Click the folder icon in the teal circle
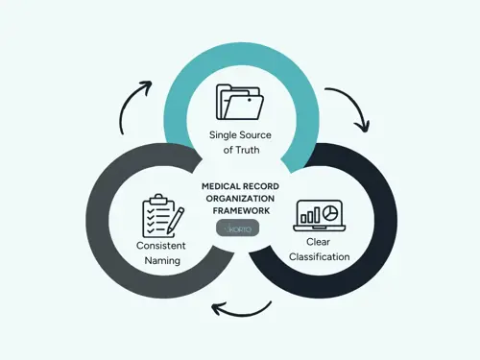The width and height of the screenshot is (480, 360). [239, 102]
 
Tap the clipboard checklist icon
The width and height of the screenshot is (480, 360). [160, 216]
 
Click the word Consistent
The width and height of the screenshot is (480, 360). [159, 247]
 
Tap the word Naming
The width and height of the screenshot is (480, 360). [159, 260]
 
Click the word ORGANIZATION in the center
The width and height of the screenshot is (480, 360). [239, 199]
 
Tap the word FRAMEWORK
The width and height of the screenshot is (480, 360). [239, 210]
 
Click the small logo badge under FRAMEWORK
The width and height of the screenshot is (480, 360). [239, 228]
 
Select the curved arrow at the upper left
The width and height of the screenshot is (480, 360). [134, 105]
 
